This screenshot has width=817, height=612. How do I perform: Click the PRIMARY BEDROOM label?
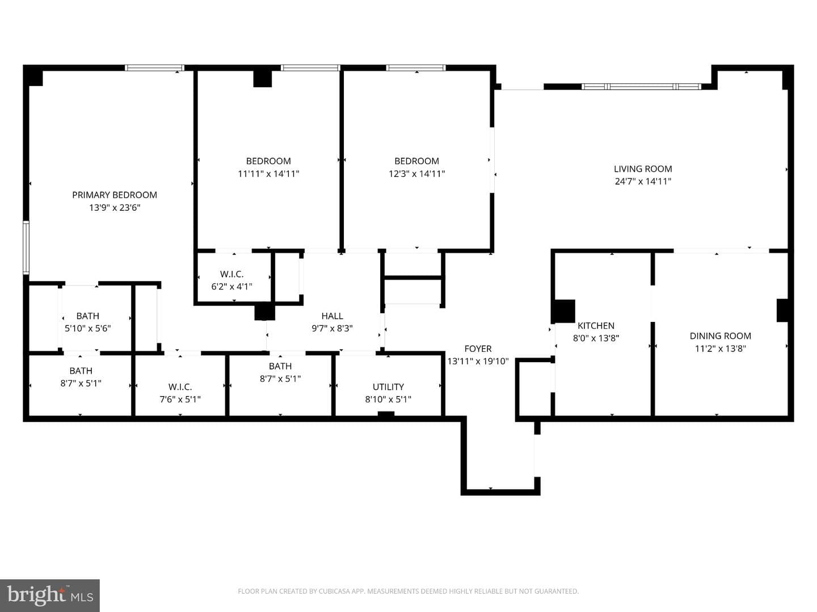click(114, 195)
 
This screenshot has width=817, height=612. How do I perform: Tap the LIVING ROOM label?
click(643, 169)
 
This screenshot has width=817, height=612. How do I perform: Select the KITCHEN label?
click(596, 326)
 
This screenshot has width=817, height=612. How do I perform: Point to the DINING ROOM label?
click(720, 336)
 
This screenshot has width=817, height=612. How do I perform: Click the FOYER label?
click(478, 349)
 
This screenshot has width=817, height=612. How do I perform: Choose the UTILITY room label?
click(388, 387)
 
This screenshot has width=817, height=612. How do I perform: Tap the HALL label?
click(332, 316)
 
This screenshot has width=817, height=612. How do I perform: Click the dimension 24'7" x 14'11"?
click(643, 181)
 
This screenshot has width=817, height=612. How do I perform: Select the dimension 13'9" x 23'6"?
click(114, 207)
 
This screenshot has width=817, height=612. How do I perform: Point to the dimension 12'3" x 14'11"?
click(416, 173)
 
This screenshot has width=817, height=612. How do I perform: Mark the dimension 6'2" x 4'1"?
click(231, 287)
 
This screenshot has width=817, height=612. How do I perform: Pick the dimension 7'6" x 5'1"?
click(180, 399)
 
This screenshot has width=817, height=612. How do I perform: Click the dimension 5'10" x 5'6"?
click(88, 329)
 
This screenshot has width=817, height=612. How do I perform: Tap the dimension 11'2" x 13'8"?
click(720, 348)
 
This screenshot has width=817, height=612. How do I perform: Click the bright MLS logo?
click(50, 596)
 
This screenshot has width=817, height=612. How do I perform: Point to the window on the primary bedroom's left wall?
click(26, 248)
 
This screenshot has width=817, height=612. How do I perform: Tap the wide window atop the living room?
click(641, 87)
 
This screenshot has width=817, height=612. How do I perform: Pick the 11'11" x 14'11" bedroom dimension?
click(268, 173)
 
